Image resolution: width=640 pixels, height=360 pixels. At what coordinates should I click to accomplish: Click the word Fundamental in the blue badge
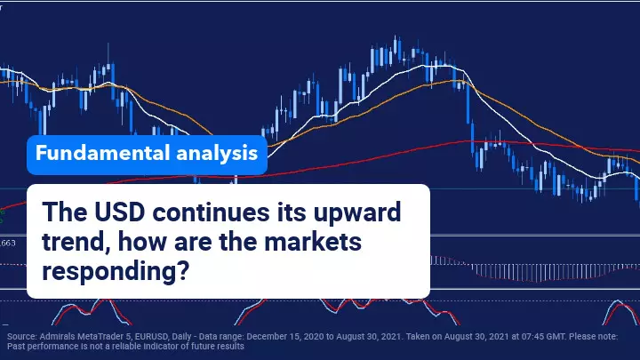click(102, 153)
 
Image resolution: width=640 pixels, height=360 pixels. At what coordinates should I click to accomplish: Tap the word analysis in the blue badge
click(217, 154)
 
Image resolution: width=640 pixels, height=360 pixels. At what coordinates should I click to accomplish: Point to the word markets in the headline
click(313, 241)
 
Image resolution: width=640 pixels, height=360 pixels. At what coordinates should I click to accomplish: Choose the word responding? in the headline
click(116, 271)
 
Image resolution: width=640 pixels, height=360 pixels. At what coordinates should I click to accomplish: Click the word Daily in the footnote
click(181, 337)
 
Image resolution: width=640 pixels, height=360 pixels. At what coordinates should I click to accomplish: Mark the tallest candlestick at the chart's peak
click(395, 45)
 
